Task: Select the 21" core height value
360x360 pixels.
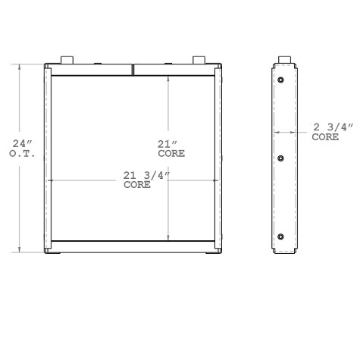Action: (166, 144)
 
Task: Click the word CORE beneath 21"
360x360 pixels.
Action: (171, 153)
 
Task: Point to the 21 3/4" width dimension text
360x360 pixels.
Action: (146, 176)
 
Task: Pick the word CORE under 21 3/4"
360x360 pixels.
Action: (136, 184)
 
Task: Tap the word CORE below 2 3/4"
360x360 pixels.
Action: (325, 137)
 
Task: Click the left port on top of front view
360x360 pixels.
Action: (64, 60)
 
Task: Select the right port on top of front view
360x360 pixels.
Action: (199, 60)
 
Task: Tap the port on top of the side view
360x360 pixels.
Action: (286, 60)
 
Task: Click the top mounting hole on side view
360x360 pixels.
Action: (281, 80)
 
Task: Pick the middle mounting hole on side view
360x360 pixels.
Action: (281, 158)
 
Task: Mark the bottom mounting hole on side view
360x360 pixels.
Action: (281, 237)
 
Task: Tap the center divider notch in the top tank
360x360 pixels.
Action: (133, 70)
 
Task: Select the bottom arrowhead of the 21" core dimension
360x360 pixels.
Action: (168, 238)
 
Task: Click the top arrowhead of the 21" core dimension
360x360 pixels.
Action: (168, 79)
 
